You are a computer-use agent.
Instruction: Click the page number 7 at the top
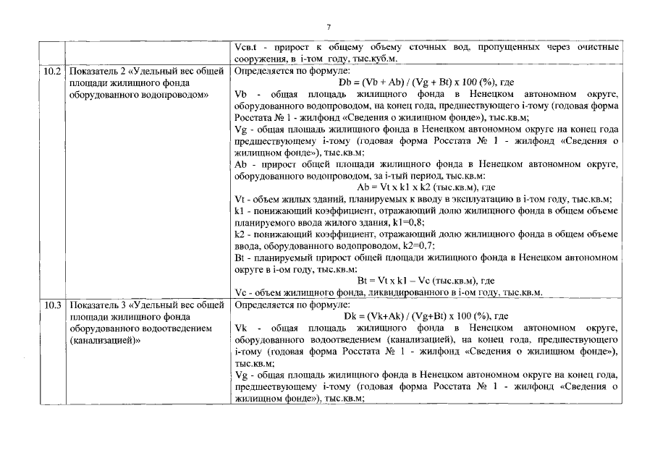tap(328, 27)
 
